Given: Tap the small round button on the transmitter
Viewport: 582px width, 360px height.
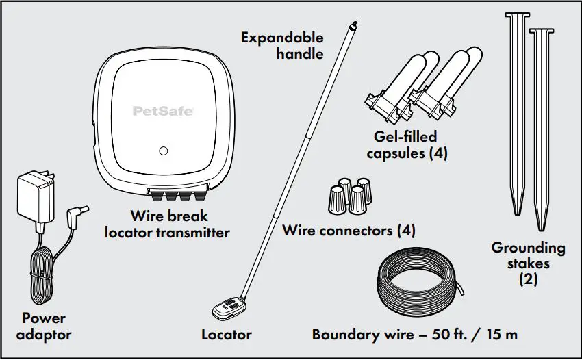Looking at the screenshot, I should click(163, 151).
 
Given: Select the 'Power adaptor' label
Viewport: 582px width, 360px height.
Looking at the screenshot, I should click(44, 326).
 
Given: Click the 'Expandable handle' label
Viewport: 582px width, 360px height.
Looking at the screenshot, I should click(282, 45).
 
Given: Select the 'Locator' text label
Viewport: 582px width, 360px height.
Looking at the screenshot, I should click(227, 335).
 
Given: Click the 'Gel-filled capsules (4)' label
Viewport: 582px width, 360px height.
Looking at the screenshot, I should click(407, 145).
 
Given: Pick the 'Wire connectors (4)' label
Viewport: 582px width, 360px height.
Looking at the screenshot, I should click(349, 231).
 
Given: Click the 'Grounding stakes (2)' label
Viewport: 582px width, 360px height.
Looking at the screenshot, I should click(528, 263).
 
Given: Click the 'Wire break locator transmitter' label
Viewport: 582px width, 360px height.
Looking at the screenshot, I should click(167, 225).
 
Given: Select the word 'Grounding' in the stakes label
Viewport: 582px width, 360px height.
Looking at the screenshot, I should click(528, 247).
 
